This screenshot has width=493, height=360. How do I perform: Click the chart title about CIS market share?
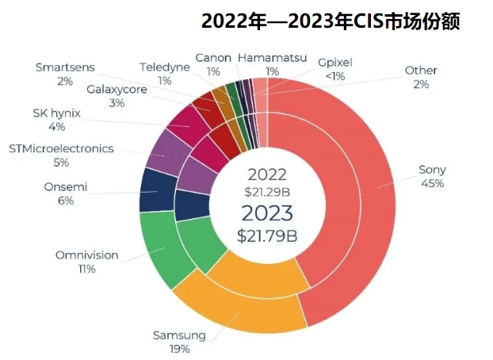(x=331, y=20)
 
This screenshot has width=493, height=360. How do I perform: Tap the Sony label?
(x=433, y=169)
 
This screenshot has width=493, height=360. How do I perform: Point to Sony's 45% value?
(x=433, y=183)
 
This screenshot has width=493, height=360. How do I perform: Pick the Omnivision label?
(x=87, y=255)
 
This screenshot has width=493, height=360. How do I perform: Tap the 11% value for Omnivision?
(x=87, y=270)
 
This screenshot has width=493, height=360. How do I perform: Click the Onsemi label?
(x=66, y=187)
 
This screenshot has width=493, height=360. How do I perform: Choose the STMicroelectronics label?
(x=61, y=148)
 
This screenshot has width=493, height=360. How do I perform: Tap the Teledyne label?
(x=165, y=67)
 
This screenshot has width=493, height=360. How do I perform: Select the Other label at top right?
(x=421, y=71)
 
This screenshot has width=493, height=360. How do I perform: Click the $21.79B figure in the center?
(x=268, y=236)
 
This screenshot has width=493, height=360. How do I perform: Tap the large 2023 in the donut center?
(x=268, y=213)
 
